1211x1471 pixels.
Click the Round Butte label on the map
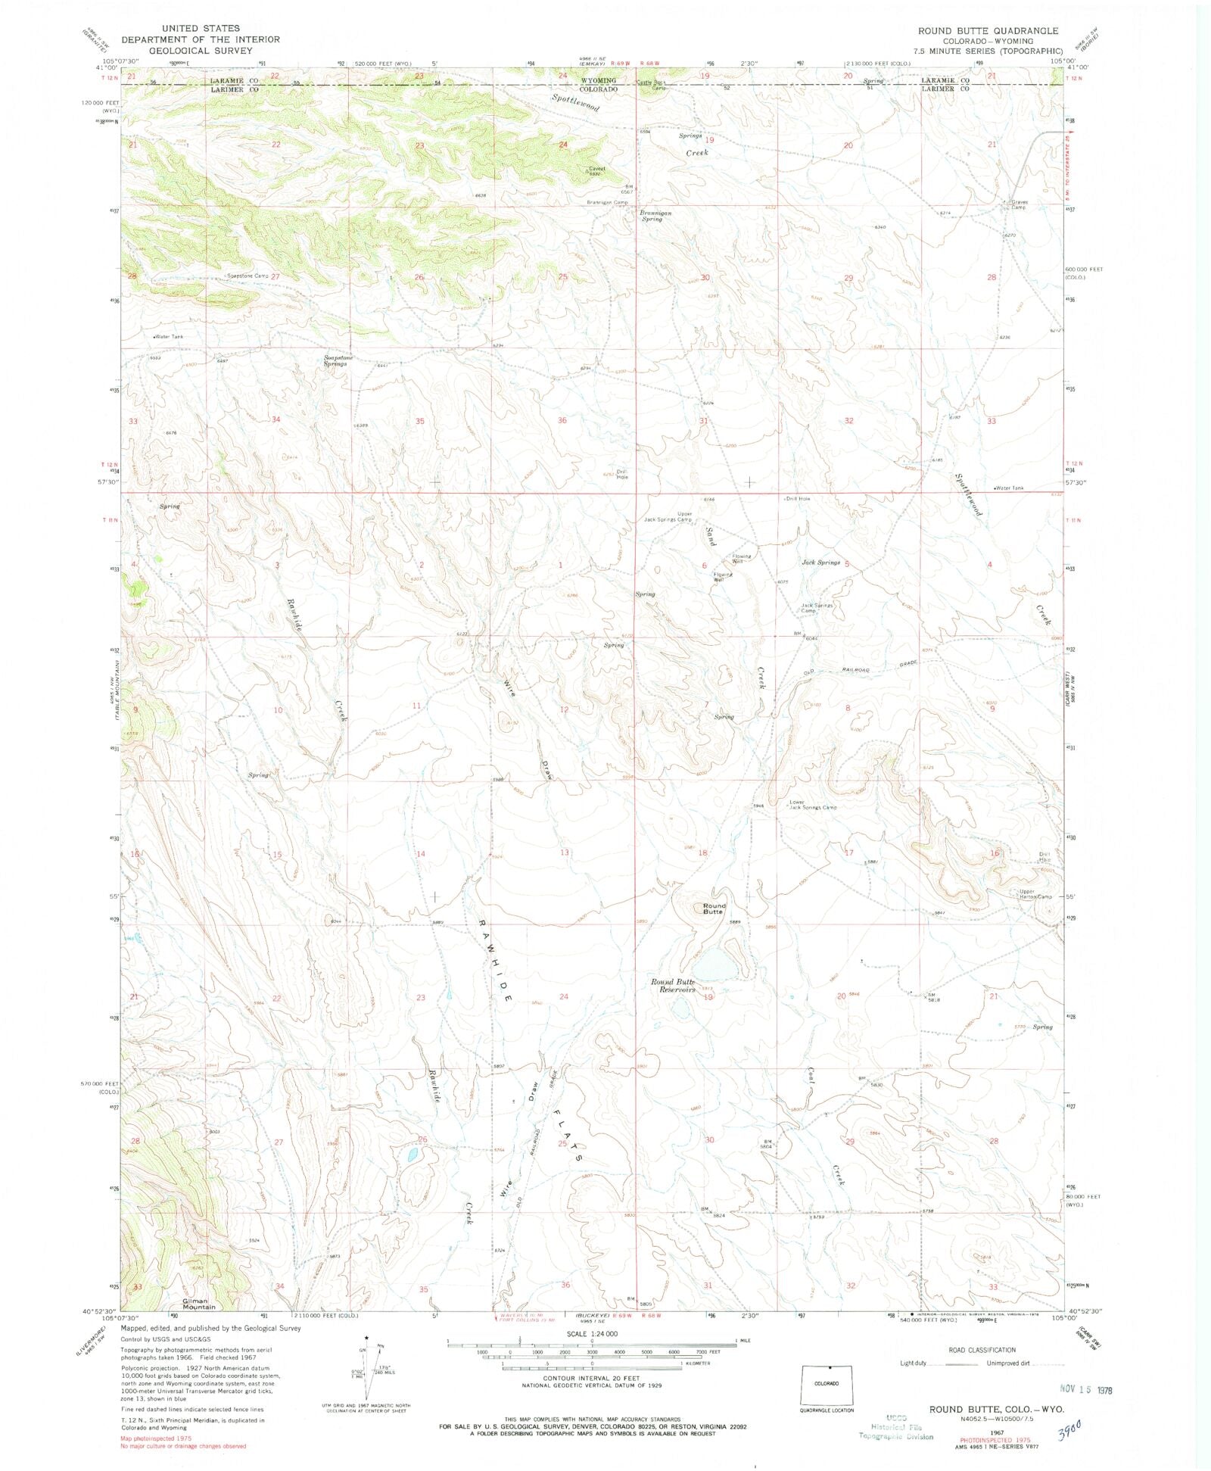(x=713, y=908)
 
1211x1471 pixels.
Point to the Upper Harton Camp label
(x=1035, y=894)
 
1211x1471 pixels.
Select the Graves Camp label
(x=1018, y=204)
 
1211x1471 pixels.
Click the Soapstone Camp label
(x=248, y=276)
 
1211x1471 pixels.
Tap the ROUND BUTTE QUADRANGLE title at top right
(x=988, y=31)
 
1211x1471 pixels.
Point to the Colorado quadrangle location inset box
(x=827, y=1383)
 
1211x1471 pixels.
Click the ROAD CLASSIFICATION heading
(x=982, y=1350)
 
